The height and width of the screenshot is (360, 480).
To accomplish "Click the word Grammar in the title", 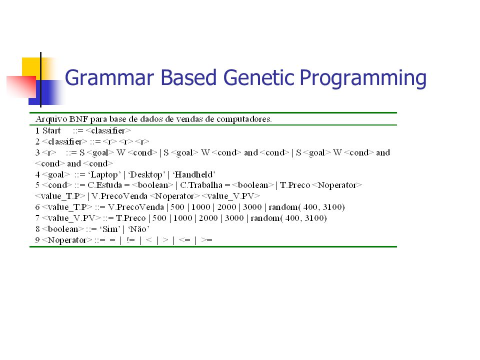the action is click(x=109, y=78).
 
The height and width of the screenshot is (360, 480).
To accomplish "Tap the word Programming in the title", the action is click(x=363, y=78).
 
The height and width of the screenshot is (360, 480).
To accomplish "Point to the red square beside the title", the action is click(x=21, y=87).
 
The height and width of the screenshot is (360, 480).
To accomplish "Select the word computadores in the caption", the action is click(x=244, y=119).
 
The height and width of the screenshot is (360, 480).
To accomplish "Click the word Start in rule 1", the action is click(x=51, y=130).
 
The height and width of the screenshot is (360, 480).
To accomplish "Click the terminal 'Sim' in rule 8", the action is click(x=110, y=229).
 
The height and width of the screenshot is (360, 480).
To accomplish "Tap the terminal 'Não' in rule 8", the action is click(x=138, y=229).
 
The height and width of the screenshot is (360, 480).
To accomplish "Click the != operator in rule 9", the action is click(x=130, y=240).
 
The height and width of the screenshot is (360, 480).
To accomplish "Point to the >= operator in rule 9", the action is click(x=207, y=240).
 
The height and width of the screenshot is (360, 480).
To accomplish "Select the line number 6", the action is click(x=37, y=207).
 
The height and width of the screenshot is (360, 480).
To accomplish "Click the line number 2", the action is click(x=37, y=141).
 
